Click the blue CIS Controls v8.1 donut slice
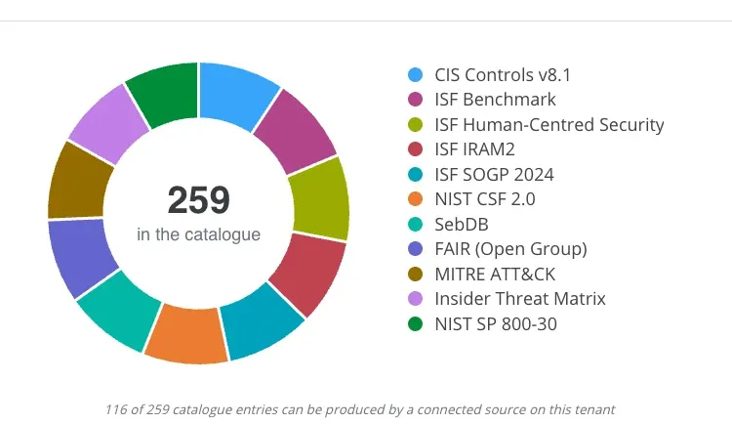tap(236, 94)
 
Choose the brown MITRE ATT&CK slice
tap(78, 183)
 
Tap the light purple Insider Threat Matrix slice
tap(110, 124)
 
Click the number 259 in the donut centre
tap(199, 200)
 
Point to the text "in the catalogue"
tap(198, 234)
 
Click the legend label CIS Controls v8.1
tap(503, 75)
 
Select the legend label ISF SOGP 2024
tap(494, 174)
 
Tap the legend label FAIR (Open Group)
tap(510, 249)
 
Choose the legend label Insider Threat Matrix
tap(520, 299)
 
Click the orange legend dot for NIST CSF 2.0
tap(415, 199)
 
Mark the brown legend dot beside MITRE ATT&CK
tap(415, 274)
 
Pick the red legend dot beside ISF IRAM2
tap(415, 149)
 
